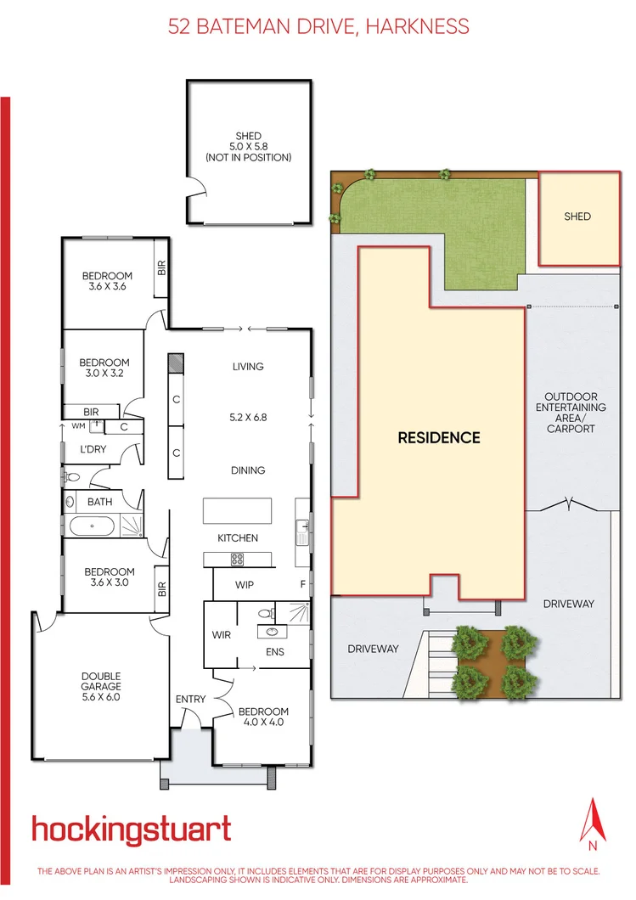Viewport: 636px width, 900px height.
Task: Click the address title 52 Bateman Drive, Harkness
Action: click(318, 26)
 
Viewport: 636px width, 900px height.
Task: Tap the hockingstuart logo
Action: click(131, 830)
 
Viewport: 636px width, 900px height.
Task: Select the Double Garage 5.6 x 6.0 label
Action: click(101, 681)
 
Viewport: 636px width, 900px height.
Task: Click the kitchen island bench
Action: click(237, 511)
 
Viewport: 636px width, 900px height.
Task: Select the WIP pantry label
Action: click(245, 585)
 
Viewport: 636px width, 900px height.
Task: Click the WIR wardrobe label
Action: click(221, 634)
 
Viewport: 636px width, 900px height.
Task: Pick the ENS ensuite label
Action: click(274, 652)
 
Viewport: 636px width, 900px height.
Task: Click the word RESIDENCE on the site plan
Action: click(439, 438)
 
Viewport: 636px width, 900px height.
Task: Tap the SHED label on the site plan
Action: click(577, 217)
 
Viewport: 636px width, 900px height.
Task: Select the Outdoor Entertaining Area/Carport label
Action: click(571, 413)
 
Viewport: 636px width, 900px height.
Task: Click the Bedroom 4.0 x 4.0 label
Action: click(263, 717)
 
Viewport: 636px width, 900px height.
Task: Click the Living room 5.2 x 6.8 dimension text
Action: click(248, 418)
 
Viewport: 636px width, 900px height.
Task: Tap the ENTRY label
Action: click(190, 699)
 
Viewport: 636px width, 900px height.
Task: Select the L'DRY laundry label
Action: click(93, 449)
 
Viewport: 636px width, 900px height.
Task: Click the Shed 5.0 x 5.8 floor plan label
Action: click(249, 146)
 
